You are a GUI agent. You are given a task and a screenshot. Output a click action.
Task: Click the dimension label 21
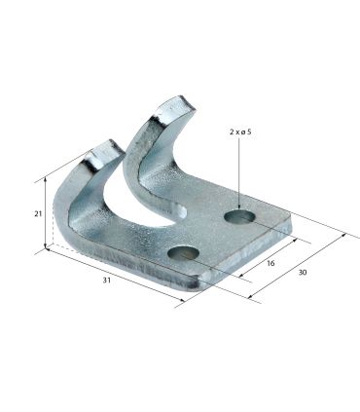38,213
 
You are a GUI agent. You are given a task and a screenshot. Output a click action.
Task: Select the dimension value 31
107,280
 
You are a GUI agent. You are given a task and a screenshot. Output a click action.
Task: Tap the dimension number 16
270,263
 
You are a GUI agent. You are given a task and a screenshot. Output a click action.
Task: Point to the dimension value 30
303,272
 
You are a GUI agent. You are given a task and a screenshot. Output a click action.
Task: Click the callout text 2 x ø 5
240,131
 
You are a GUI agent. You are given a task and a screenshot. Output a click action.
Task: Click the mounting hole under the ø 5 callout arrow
239,216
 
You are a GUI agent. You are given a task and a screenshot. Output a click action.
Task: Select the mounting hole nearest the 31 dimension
183,252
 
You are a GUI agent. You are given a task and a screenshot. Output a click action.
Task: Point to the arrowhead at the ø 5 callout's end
239,207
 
